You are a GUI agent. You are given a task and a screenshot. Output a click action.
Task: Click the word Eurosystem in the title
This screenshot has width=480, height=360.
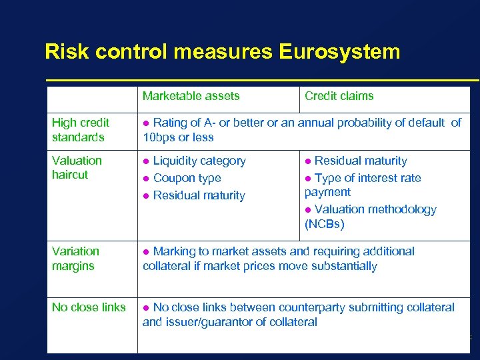click(x=341, y=51)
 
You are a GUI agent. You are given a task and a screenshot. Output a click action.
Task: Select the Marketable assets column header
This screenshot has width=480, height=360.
click(x=191, y=96)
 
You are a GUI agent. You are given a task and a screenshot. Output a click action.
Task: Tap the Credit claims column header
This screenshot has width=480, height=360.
click(x=339, y=96)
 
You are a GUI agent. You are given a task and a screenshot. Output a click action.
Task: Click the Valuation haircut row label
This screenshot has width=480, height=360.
click(x=77, y=167)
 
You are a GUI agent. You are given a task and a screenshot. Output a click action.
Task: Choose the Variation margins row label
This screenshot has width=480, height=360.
click(x=75, y=259)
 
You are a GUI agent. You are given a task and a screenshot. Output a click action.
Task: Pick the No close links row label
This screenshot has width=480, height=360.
click(x=89, y=307)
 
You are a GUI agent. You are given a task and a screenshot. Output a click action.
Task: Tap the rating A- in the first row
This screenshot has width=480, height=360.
click(x=223, y=123)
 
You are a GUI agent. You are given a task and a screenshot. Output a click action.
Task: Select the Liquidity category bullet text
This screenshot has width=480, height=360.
click(x=199, y=161)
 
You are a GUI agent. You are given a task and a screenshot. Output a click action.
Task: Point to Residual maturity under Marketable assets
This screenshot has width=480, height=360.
click(x=199, y=195)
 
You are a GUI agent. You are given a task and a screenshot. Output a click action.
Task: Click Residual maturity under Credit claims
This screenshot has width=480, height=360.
click(x=360, y=161)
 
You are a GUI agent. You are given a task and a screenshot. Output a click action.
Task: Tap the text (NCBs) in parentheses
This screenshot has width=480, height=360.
click(x=324, y=224)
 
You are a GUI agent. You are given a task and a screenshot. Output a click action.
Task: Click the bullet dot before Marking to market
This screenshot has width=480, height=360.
click(x=147, y=252)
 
